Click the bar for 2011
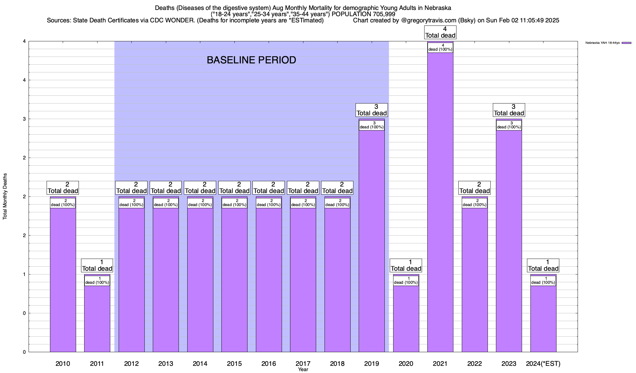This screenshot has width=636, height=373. (97, 317)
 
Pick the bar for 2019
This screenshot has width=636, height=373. (371, 242)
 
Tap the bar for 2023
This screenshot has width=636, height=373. (509, 242)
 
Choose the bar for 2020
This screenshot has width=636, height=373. (406, 317)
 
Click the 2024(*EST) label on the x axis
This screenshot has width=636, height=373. (543, 363)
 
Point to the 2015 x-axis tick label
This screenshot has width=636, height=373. (234, 363)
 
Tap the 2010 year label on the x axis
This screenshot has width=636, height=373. (63, 363)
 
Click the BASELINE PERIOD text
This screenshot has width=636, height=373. (251, 60)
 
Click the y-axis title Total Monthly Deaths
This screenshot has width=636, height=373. (5, 196)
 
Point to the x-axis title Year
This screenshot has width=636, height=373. (303, 369)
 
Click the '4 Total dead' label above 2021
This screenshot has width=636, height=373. (440, 32)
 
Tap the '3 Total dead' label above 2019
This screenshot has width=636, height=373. (371, 110)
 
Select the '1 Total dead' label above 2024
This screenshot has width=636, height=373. (543, 265)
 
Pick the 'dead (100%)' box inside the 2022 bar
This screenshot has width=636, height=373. (475, 203)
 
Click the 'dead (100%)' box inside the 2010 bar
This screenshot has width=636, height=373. (63, 203)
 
